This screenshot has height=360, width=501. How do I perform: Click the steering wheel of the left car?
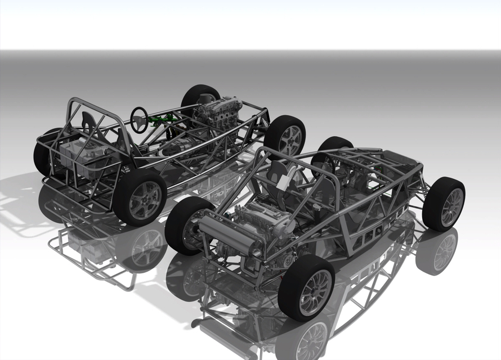point(140,118)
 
